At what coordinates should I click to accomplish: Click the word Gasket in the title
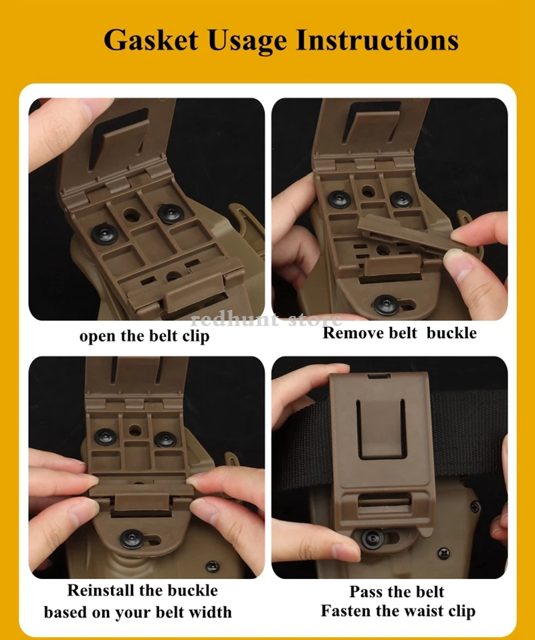(150, 40)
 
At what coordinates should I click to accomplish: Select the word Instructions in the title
(377, 40)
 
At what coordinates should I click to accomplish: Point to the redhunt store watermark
(266, 319)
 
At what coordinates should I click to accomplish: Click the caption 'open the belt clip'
(144, 336)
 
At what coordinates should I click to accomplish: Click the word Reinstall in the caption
(100, 590)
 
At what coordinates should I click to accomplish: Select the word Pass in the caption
(365, 591)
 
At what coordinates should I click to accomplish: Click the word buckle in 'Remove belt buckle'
(451, 333)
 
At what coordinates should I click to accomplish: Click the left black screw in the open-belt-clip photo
(105, 234)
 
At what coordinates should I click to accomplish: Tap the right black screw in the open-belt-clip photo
(171, 213)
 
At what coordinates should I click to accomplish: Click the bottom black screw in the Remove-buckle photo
(386, 305)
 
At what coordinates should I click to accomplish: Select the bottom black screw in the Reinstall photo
(132, 539)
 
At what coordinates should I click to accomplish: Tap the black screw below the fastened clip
(372, 539)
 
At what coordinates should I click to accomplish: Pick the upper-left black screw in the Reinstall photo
(106, 437)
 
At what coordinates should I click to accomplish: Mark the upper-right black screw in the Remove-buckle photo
(401, 199)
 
